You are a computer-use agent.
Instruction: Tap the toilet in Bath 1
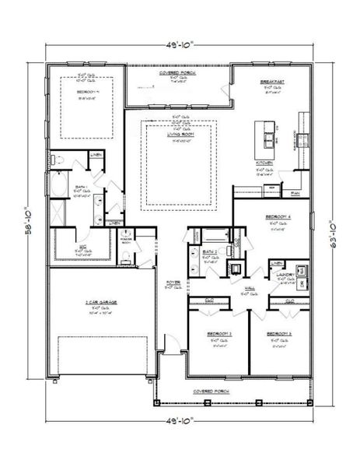click(x=58, y=160)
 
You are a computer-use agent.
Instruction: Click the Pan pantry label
click(x=295, y=193)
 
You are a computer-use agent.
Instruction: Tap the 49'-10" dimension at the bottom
click(x=180, y=418)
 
